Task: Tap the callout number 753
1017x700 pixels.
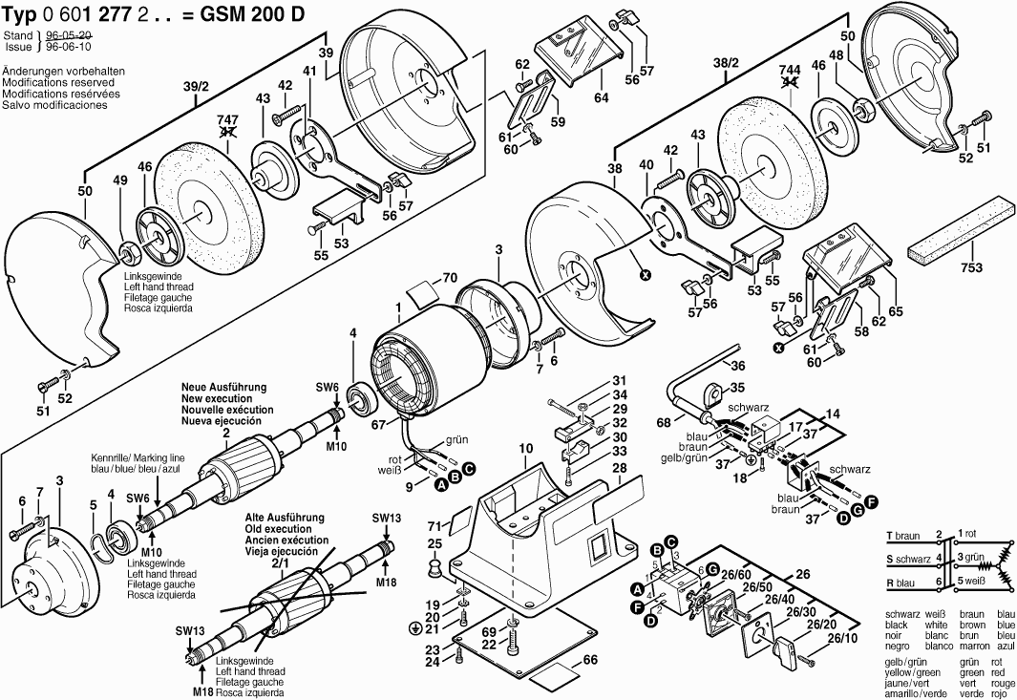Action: pos(970,268)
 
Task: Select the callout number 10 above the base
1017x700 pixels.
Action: pos(525,447)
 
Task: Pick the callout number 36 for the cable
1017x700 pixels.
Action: pos(736,365)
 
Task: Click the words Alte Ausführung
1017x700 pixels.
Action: pos(279,519)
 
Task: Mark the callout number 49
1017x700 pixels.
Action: pos(119,180)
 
